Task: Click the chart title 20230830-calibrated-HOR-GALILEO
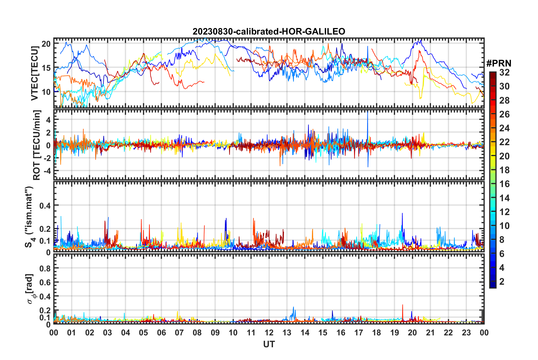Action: (269, 31)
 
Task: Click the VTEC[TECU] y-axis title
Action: (35, 73)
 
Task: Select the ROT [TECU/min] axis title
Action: (37, 145)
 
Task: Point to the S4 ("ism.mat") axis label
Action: (29, 217)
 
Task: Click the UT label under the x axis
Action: (269, 344)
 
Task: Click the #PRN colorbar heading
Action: (499, 64)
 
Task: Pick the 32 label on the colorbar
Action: (504, 72)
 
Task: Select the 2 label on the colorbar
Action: (502, 281)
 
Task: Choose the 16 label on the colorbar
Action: (504, 184)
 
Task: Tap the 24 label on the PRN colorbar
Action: (504, 128)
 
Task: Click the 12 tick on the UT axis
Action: (269, 333)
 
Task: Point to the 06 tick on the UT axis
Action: (161, 333)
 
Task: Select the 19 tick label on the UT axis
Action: (395, 333)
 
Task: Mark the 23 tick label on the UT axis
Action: (466, 333)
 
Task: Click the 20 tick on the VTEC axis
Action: (46, 44)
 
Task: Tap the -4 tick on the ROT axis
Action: (46, 171)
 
